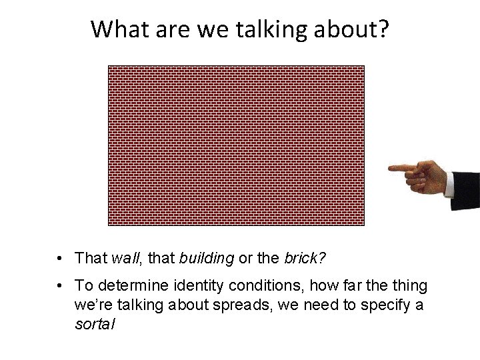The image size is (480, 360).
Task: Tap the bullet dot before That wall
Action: (61, 258)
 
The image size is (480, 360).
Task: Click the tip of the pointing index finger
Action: (391, 168)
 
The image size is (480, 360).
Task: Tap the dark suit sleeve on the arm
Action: (469, 190)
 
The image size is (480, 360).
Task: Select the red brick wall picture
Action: (236, 145)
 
